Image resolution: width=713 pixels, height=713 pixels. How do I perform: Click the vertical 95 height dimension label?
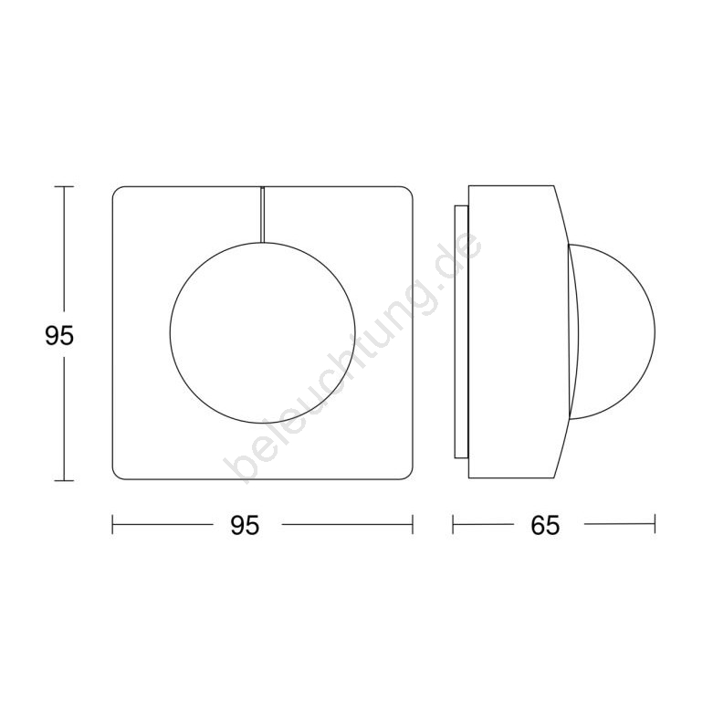click(x=59, y=336)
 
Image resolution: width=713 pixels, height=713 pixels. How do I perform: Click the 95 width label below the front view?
click(x=245, y=526)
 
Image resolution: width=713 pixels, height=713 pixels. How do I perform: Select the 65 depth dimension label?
click(x=545, y=526)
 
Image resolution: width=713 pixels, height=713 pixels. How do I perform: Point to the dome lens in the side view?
click(x=655, y=331)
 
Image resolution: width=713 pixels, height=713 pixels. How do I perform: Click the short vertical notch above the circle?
click(x=263, y=215)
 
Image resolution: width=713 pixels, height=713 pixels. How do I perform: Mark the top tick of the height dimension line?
click(x=64, y=186)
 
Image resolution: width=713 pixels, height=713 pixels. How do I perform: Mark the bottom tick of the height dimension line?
click(x=64, y=480)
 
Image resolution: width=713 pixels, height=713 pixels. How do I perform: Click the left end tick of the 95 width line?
click(x=112, y=524)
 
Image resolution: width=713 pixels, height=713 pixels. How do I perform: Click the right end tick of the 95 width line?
click(x=413, y=524)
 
